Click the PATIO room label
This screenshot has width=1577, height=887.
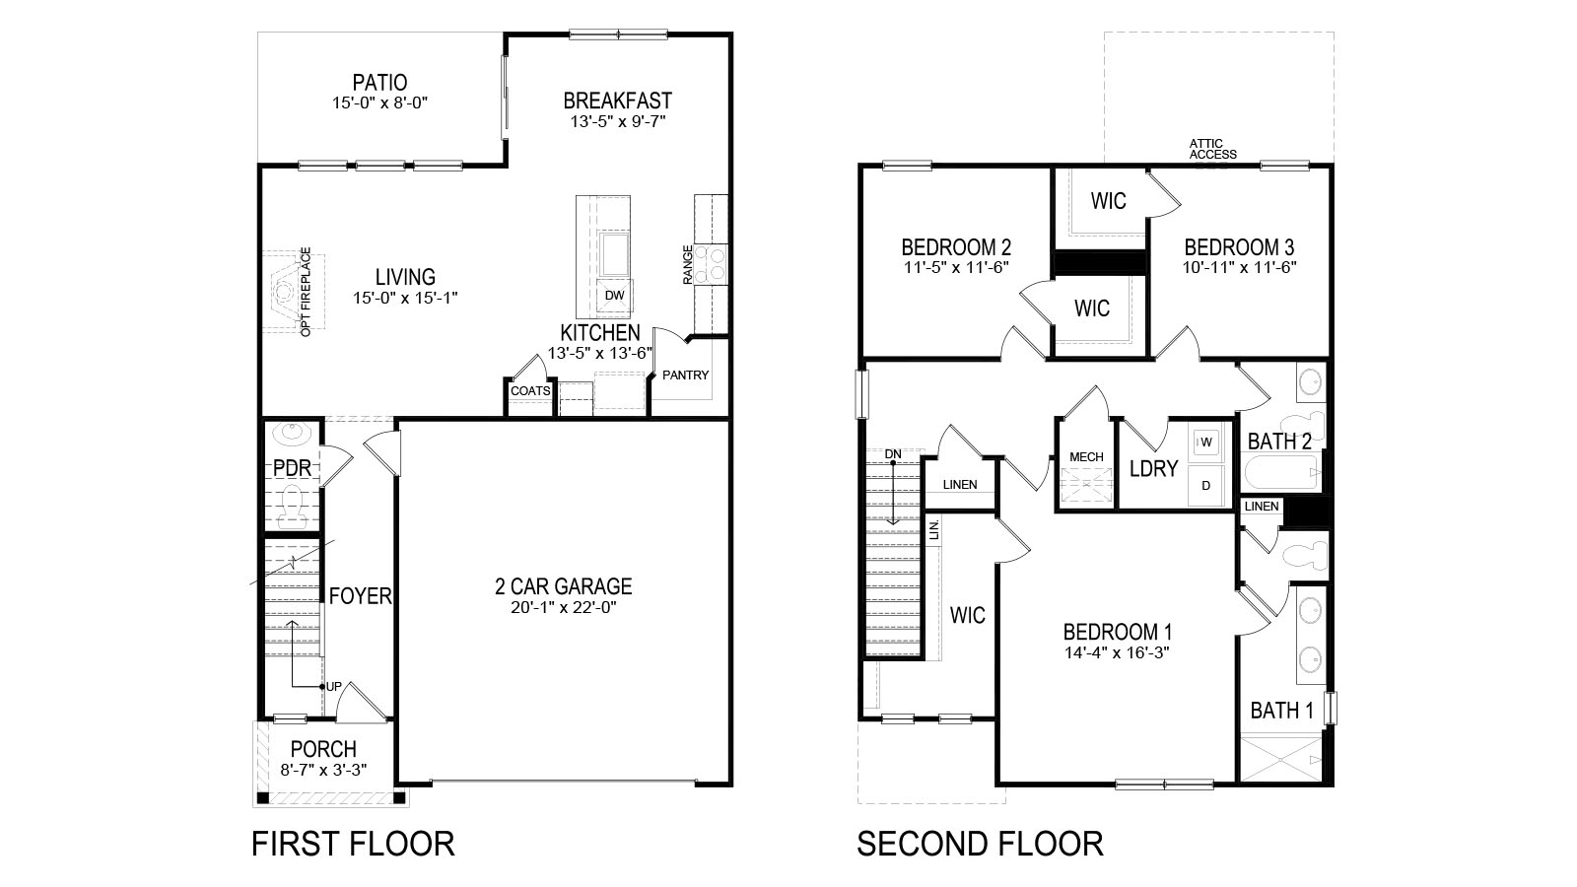(380, 83)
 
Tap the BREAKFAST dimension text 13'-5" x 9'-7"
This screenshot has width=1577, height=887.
(618, 122)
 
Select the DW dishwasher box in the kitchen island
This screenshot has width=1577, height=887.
(615, 296)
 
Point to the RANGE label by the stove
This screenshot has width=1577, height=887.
(688, 265)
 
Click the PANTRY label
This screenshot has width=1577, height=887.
(686, 375)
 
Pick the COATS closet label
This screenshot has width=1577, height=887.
(531, 390)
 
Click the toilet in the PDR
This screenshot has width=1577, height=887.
(292, 507)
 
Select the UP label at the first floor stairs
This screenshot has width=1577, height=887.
(334, 686)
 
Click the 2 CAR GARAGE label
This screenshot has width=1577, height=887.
(563, 585)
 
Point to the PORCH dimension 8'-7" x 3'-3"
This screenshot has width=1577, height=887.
(324, 770)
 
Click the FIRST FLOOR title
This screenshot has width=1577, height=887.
(353, 844)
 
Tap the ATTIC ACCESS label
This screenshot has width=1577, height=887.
(1212, 149)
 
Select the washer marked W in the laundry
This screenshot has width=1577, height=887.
(1206, 443)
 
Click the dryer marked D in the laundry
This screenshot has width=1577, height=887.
(1206, 485)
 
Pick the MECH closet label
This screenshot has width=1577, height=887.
(1086, 457)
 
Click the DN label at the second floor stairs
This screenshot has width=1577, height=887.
(893, 454)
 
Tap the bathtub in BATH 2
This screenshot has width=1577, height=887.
(1281, 472)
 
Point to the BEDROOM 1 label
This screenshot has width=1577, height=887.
(1118, 632)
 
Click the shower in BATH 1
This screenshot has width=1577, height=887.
(1281, 759)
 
